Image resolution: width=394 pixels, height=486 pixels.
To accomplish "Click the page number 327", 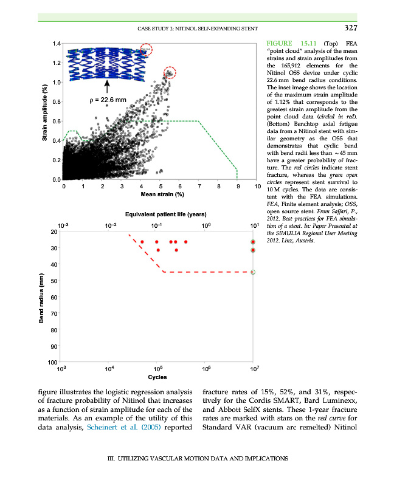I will point(349,28).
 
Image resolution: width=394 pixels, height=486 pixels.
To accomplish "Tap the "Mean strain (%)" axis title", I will point(162,194).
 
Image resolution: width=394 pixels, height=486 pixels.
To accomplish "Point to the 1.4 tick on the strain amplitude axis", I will point(55,44).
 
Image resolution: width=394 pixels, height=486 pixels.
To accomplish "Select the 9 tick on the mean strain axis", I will point(238,186).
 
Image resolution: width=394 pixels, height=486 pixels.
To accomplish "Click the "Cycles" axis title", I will point(157,377).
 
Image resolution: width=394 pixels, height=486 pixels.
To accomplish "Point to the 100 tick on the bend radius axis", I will point(54,363).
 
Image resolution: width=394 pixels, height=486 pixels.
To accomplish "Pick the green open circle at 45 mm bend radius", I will point(253,272).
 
